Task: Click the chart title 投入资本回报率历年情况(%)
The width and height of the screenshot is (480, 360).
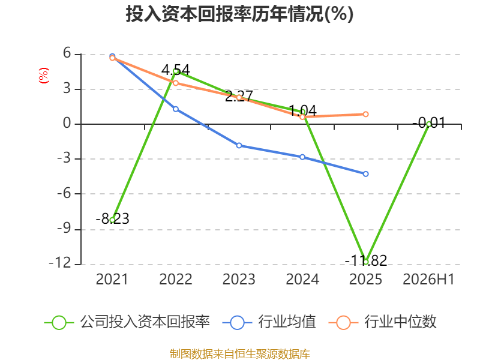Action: click(239, 14)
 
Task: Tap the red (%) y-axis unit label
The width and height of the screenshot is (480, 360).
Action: click(43, 76)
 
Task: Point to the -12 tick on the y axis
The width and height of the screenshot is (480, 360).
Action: click(60, 263)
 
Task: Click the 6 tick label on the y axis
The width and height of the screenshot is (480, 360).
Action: click(67, 53)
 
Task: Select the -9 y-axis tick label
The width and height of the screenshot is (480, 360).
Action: click(64, 228)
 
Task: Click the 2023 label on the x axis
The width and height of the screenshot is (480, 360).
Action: click(239, 279)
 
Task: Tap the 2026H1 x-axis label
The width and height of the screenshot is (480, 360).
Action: click(428, 279)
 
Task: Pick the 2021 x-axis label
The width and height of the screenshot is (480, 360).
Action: click(112, 279)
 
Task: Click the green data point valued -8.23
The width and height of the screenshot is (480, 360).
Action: click(112, 220)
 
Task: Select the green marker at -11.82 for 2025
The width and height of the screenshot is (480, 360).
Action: click(365, 262)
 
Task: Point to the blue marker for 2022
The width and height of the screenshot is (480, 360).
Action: click(176, 109)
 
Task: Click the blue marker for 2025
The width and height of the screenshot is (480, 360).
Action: click(365, 174)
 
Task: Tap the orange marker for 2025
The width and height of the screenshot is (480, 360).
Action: click(365, 114)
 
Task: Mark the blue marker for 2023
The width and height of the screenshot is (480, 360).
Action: click(239, 145)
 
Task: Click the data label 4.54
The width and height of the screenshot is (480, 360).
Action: click(176, 70)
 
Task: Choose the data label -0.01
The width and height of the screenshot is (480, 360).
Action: click(429, 123)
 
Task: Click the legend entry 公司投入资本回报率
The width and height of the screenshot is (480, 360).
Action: click(127, 322)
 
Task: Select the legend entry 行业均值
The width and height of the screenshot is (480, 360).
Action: click(269, 322)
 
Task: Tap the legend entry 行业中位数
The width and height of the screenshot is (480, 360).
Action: click(383, 322)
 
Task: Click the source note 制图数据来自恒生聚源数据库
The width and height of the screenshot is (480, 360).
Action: click(240, 354)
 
